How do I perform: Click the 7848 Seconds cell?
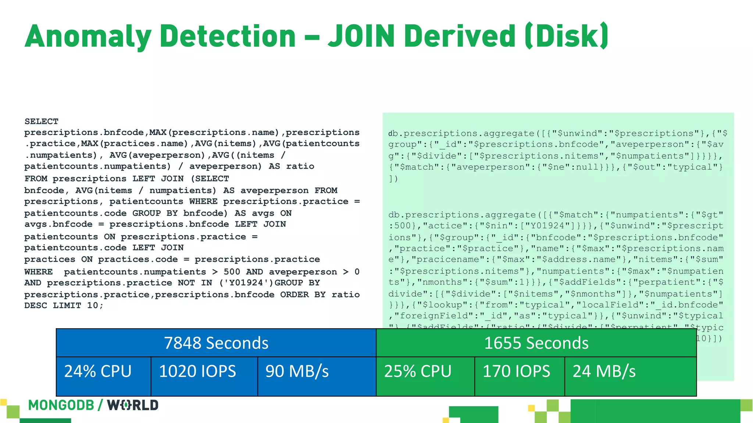pos(216,343)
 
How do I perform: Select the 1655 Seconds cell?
pos(536,343)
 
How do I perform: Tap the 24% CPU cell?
pos(98,371)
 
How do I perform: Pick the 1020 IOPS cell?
pos(197,371)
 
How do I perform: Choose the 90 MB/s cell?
pos(297,371)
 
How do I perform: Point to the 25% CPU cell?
pos(418,371)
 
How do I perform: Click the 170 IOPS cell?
pos(516,371)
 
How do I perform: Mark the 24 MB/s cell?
pos(604,371)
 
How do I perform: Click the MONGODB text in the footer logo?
pos(61,405)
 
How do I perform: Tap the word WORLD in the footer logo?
pos(133,405)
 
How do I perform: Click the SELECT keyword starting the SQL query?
pos(42,122)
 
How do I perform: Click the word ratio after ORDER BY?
pos(346,294)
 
